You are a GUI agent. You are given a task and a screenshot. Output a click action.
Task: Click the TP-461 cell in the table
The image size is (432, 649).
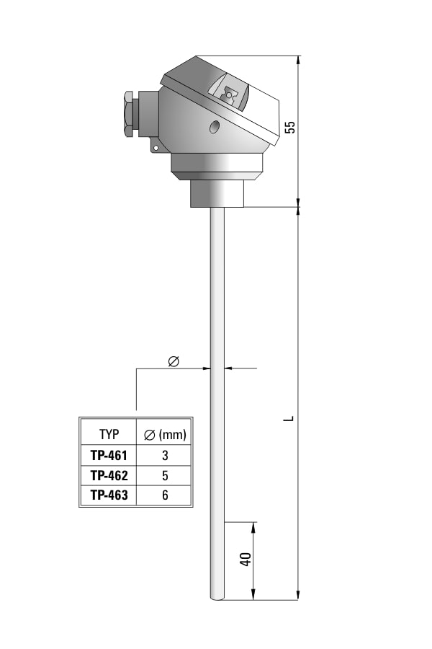(x=109, y=455)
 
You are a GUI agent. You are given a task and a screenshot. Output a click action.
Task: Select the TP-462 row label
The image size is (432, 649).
(x=109, y=476)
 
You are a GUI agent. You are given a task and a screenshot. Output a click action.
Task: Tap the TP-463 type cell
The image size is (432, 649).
(x=109, y=495)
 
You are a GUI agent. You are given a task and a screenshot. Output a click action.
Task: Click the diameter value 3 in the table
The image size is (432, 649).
(x=165, y=455)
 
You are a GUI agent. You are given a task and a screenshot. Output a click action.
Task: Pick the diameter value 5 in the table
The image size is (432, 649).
(x=165, y=476)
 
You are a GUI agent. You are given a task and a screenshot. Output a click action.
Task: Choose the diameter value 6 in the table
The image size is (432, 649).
(x=165, y=495)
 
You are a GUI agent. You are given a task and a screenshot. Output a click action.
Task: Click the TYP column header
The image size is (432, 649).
(x=109, y=435)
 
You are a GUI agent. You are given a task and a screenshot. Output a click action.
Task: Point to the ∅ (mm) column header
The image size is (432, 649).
(x=165, y=435)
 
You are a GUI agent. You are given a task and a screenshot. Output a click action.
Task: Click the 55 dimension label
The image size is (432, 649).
(x=291, y=127)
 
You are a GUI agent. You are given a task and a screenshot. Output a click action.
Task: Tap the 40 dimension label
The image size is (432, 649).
(x=246, y=559)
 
